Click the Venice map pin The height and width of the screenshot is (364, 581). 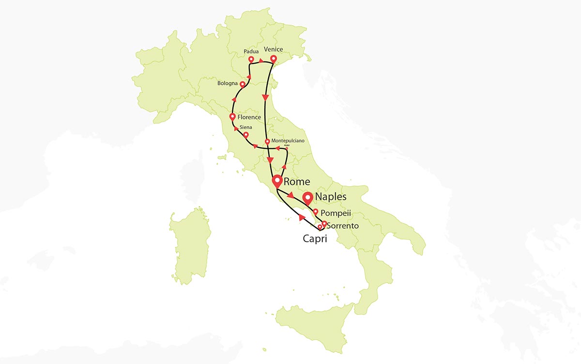[273, 59]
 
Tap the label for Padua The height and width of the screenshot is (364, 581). [251, 51]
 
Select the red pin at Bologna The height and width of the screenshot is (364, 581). [243, 84]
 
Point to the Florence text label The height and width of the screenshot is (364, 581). [249, 117]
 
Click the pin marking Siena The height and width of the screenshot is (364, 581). [246, 135]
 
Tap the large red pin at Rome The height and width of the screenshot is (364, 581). [277, 181]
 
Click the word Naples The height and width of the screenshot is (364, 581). [331, 197]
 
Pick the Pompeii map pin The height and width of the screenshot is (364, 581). [316, 211]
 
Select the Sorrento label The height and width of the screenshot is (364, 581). [343, 226]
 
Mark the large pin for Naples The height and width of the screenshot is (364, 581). [307, 198]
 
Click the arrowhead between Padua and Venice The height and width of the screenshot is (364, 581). [261, 61]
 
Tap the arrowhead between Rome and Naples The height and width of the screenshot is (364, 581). [290, 196]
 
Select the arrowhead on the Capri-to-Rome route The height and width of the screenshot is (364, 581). [302, 219]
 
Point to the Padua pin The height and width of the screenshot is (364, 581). [251, 60]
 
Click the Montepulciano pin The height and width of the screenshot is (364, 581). [267, 142]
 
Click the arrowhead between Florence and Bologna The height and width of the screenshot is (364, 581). [234, 99]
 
